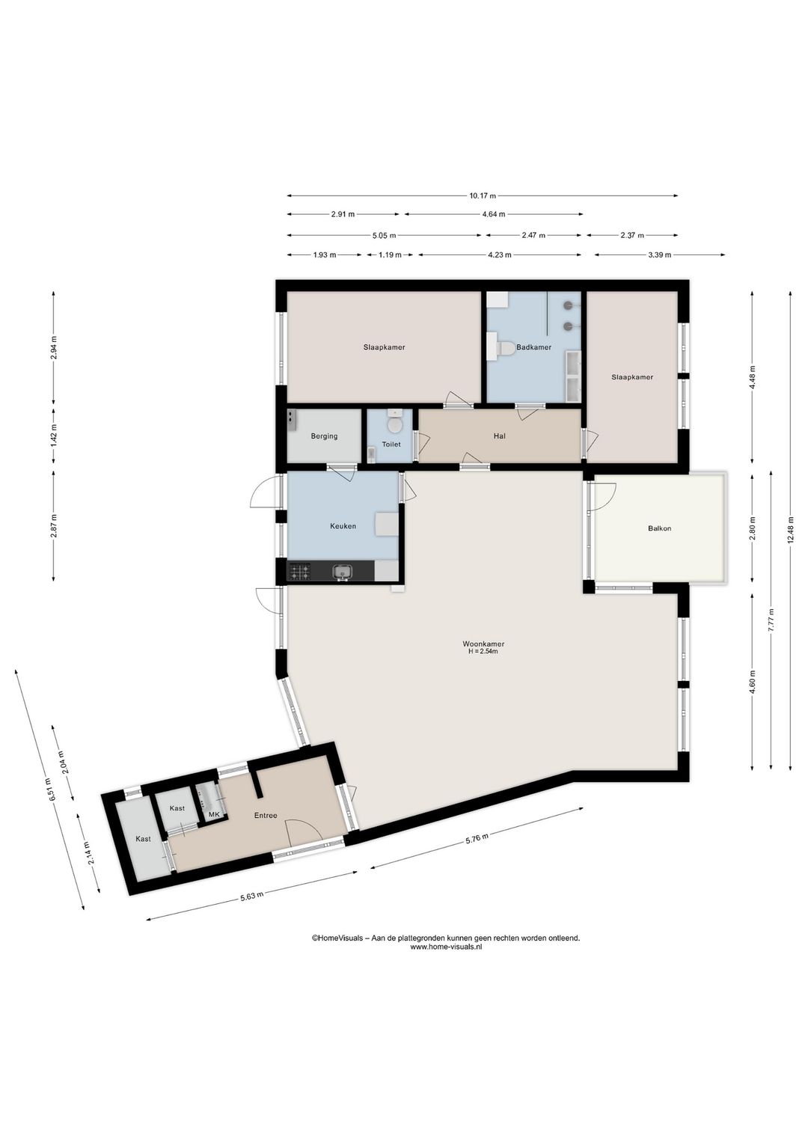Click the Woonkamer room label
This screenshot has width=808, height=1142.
pos(483,644)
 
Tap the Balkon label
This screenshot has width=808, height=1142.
pos(659,528)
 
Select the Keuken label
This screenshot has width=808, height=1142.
pos(343,526)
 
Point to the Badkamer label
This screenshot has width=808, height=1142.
pos(533,347)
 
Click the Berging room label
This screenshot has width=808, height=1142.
pos(324,436)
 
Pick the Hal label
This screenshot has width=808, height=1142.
pos(499,436)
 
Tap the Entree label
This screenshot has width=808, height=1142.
pos(266,815)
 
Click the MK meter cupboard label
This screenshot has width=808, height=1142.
pos(214,815)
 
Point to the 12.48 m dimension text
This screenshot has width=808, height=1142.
pos(791,530)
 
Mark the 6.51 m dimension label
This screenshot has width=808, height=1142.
pos(49,790)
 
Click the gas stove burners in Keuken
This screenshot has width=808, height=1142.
pos(300,571)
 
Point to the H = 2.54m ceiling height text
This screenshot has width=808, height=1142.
pos(483,651)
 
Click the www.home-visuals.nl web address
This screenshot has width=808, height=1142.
pos(446,947)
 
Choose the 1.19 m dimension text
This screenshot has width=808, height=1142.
pos(390,255)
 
